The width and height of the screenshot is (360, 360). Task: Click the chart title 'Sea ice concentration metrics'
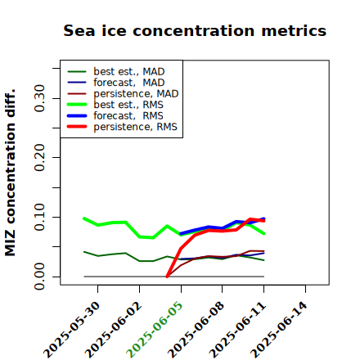coord(195,30)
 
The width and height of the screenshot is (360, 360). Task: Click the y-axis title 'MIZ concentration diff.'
coord(10,173)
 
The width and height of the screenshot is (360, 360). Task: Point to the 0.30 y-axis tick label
coord(40,98)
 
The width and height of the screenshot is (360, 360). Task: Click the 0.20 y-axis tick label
coord(40,157)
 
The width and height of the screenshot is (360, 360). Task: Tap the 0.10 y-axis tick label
coord(40,217)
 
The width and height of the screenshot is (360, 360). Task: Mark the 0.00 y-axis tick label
coord(40,277)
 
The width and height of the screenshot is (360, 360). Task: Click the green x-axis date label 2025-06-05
coord(155,330)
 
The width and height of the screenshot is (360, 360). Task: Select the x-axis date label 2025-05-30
coord(71,330)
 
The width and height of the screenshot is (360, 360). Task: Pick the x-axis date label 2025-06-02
coord(113,330)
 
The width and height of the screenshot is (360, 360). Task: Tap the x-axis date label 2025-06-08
coord(196,330)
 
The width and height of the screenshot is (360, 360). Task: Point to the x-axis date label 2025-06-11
coord(237,330)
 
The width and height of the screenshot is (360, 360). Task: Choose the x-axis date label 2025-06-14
coord(279,330)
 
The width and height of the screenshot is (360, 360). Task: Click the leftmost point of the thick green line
coord(84,218)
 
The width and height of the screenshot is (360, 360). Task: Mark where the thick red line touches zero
coord(167,277)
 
